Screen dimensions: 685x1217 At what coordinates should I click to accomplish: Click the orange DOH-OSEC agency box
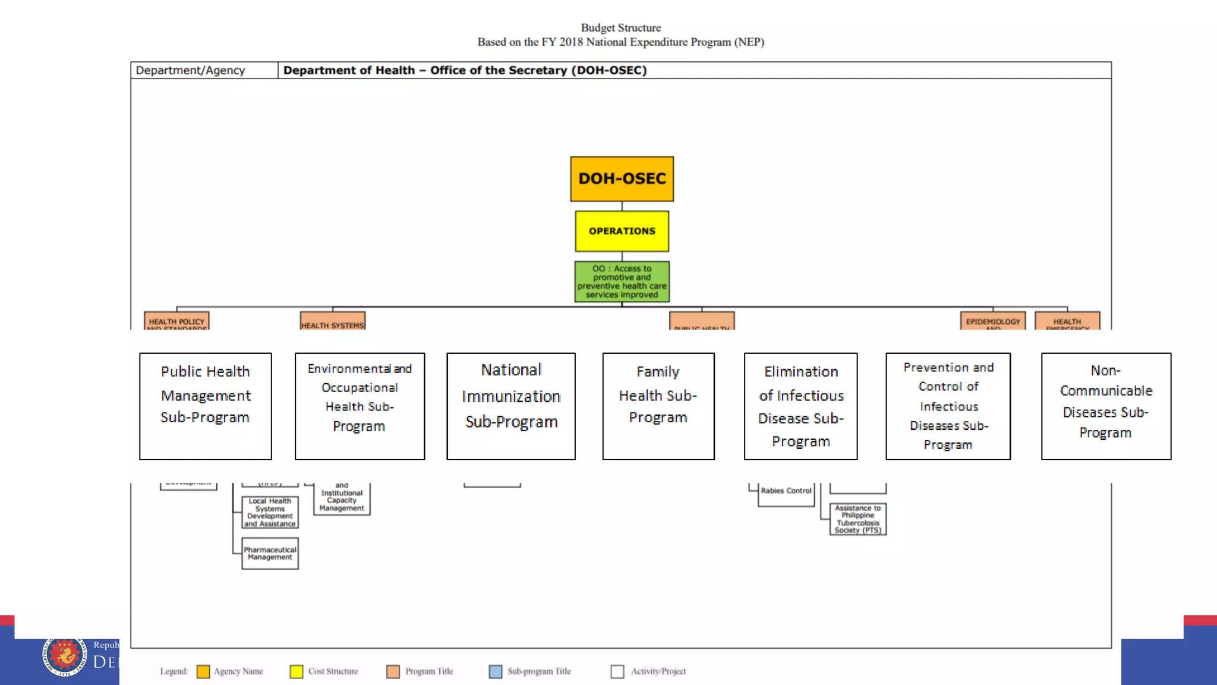click(x=622, y=178)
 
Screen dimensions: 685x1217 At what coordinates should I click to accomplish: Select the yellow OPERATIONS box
click(x=622, y=231)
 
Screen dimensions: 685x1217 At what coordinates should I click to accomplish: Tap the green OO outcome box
click(x=622, y=281)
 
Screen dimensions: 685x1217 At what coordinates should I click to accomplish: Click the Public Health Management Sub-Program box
click(x=205, y=406)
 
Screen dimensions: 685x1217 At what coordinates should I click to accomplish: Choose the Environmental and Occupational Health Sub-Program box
click(x=360, y=406)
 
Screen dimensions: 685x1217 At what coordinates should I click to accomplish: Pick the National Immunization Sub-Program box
click(x=510, y=406)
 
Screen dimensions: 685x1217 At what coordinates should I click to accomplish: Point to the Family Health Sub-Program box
click(x=658, y=406)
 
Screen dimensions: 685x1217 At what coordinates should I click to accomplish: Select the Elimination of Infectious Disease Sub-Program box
click(x=800, y=406)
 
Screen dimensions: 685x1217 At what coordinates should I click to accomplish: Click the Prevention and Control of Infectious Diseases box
click(x=948, y=406)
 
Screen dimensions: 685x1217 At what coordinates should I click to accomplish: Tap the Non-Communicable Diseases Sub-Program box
click(x=1106, y=406)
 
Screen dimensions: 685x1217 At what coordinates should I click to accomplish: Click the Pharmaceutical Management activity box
click(x=270, y=554)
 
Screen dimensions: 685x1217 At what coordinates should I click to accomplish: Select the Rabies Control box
click(x=786, y=492)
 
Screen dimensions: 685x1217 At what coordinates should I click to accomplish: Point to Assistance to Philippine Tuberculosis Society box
click(x=857, y=519)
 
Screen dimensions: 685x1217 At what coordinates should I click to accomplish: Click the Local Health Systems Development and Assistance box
click(x=270, y=512)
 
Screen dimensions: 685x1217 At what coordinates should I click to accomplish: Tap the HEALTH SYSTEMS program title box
click(x=332, y=322)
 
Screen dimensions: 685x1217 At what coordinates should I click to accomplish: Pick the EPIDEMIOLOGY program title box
click(x=992, y=321)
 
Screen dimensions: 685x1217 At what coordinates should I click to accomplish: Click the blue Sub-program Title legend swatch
click(x=495, y=671)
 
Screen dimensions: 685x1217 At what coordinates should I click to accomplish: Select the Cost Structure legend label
click(x=333, y=671)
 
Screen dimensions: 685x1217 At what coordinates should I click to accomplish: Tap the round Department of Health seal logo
click(x=64, y=656)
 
